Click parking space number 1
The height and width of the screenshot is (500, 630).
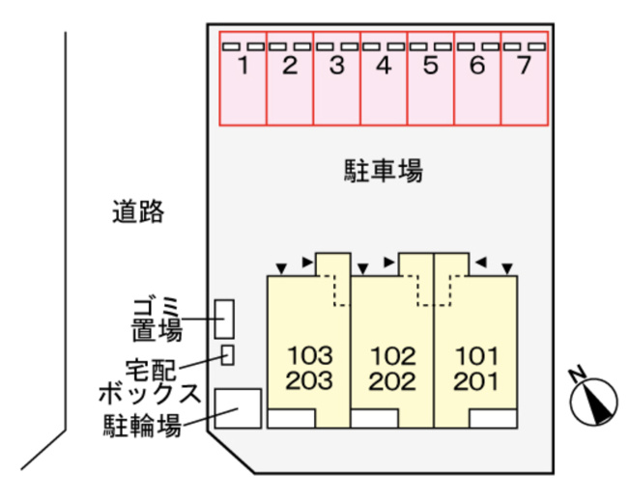click(x=243, y=78)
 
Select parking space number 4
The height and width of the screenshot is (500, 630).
click(x=385, y=78)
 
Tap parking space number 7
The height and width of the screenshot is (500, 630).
click(x=525, y=78)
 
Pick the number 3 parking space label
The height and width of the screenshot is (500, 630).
click(x=337, y=66)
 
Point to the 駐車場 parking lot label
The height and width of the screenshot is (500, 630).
click(x=384, y=171)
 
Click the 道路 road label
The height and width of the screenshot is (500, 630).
click(x=138, y=211)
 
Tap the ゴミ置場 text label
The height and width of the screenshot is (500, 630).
click(x=157, y=319)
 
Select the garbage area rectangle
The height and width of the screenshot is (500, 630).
click(x=224, y=319)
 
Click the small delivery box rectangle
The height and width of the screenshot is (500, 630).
click(x=227, y=355)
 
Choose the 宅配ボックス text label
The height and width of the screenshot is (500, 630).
click(x=150, y=381)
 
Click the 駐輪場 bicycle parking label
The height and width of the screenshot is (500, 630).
click(x=142, y=426)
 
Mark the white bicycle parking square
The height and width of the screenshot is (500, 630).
click(x=238, y=408)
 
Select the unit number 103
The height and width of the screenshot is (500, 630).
click(x=310, y=355)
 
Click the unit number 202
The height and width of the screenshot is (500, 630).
click(x=392, y=381)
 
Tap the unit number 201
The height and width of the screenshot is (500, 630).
click(x=475, y=381)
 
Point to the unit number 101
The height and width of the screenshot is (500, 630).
click(x=476, y=356)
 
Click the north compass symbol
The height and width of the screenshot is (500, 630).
click(x=594, y=402)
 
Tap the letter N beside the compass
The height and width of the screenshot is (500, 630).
click(x=578, y=374)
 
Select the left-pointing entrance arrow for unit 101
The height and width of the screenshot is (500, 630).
click(x=481, y=263)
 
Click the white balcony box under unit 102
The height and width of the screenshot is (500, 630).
click(x=375, y=419)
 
